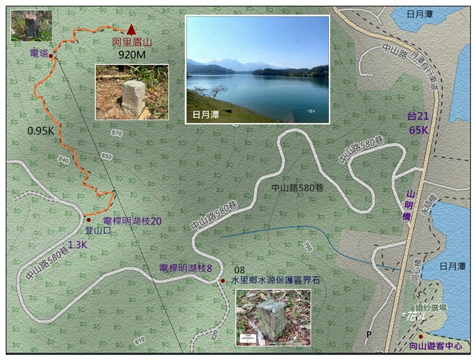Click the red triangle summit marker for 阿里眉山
pyautogui.click(x=131, y=29)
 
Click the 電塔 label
pyautogui.click(x=38, y=54)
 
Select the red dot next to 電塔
pyautogui.click(x=51, y=56)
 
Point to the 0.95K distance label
pyautogui.click(x=41, y=130)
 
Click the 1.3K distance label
pyautogui.click(x=77, y=244)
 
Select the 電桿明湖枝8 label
pyautogui.click(x=186, y=268)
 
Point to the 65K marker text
pyautogui.click(x=418, y=129)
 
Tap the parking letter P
pyautogui.click(x=369, y=334)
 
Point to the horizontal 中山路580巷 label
pyautogui.click(x=297, y=188)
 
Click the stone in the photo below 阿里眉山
pyautogui.click(x=133, y=98)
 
